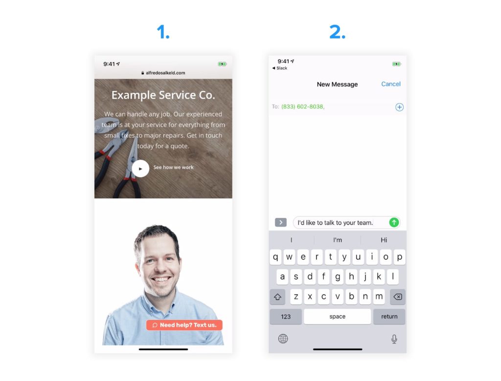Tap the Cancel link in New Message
coord(391,84)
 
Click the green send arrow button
coord(394,222)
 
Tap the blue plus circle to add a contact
coord(399,107)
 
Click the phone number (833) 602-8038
coord(302,106)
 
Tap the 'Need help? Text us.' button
coord(184,325)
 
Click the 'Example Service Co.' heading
coord(163,95)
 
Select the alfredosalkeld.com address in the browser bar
coord(165,73)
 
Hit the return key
coord(389,317)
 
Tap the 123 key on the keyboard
coord(286,317)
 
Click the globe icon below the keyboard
coord(283,339)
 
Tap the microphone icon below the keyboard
coord(394,339)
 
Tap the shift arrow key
coord(277,297)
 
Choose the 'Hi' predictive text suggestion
coord(384,240)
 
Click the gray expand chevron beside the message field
coord(281,222)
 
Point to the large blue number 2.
coord(337,32)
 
